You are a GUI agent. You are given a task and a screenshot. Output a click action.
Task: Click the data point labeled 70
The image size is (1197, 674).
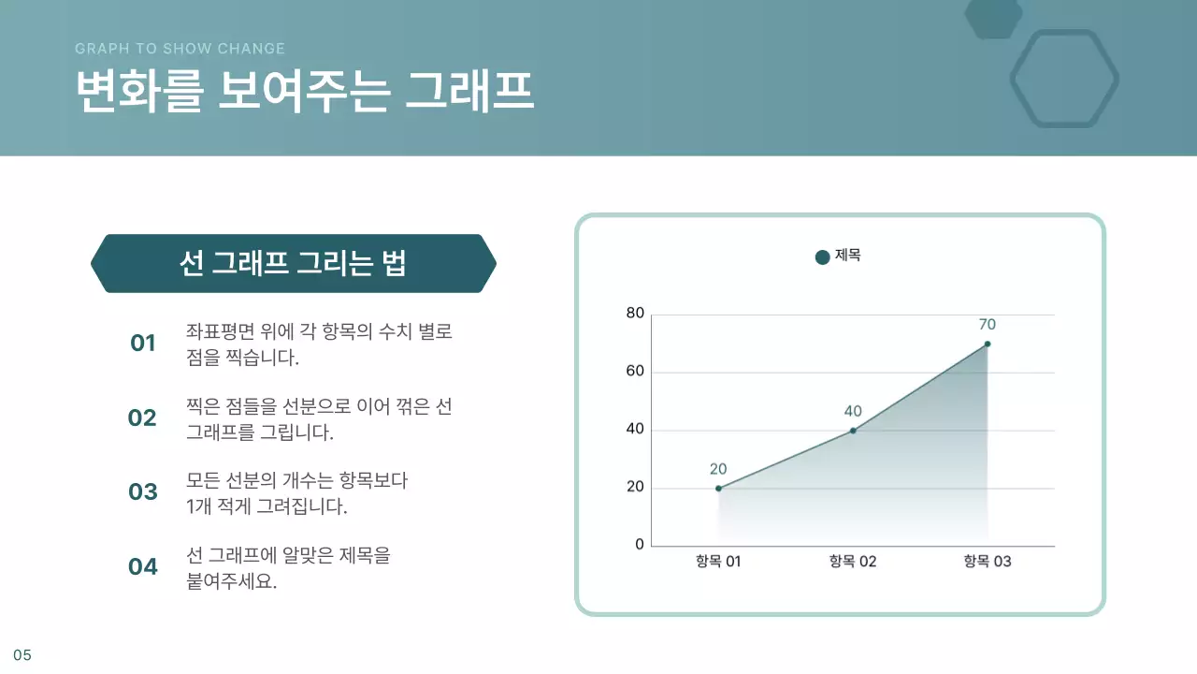987,344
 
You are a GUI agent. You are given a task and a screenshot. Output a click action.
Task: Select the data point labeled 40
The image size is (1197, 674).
853,431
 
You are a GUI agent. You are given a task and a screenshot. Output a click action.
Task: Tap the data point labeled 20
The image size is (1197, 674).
718,489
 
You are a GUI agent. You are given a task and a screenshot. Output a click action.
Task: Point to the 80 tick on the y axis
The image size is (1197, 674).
635,314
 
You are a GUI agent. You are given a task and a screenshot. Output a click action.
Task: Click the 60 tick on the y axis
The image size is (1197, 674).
635,372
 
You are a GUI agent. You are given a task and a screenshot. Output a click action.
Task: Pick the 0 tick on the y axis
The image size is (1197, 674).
640,545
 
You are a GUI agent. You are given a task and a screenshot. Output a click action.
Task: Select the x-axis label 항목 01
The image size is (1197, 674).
718,562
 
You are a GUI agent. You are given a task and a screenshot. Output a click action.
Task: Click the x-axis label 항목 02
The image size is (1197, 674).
853,562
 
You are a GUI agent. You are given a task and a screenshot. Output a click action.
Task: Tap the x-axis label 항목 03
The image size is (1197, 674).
988,562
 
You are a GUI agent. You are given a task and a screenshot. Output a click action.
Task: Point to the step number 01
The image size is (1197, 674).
142,344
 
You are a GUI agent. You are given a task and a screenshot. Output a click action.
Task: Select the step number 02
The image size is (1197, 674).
142,418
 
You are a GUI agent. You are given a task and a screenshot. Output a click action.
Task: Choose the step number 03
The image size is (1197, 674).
142,492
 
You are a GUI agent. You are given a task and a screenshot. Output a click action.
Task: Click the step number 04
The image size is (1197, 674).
142,566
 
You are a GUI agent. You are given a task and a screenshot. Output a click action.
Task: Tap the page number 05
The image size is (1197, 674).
22,655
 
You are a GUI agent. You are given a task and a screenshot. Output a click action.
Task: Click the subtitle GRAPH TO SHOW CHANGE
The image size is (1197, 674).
180,49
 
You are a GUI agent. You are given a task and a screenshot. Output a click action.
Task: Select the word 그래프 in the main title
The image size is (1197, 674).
469,92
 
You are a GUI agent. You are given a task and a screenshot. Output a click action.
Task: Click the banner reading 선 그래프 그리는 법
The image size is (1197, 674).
293,264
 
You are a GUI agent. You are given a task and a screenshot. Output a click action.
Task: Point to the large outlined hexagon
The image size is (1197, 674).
1064,79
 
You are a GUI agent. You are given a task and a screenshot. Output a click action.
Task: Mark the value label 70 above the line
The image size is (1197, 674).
988,325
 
